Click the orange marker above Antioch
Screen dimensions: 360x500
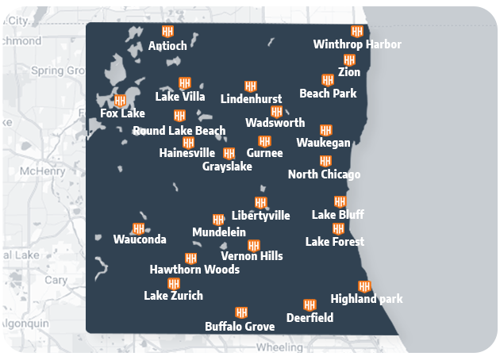(x=167, y=32)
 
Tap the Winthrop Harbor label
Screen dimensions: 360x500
(x=357, y=44)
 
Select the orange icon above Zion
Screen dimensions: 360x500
(x=349, y=60)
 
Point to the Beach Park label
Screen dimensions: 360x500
(x=328, y=94)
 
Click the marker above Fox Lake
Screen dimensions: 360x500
(x=121, y=101)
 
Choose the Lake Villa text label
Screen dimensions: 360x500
(x=180, y=97)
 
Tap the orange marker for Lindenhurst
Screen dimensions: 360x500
(x=251, y=86)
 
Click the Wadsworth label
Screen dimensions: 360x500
(x=275, y=123)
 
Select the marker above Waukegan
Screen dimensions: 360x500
(x=325, y=130)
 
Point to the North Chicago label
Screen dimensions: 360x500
(x=324, y=174)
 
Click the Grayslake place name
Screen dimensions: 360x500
(x=227, y=167)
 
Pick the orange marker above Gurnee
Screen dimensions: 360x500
(x=264, y=141)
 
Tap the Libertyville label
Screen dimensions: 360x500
(x=260, y=216)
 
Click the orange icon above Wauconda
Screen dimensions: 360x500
(x=139, y=228)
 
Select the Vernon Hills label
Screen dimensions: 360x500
(x=252, y=256)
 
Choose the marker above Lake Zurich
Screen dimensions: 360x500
(x=174, y=284)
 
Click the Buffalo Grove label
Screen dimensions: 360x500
(x=240, y=327)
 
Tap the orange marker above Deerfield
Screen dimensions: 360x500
(x=310, y=304)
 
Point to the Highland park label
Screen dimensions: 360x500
(x=367, y=299)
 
